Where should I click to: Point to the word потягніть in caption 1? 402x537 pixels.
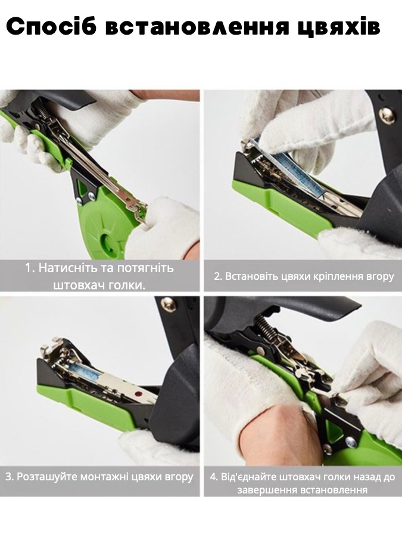[145, 267]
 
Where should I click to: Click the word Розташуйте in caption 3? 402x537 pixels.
[45, 476]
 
